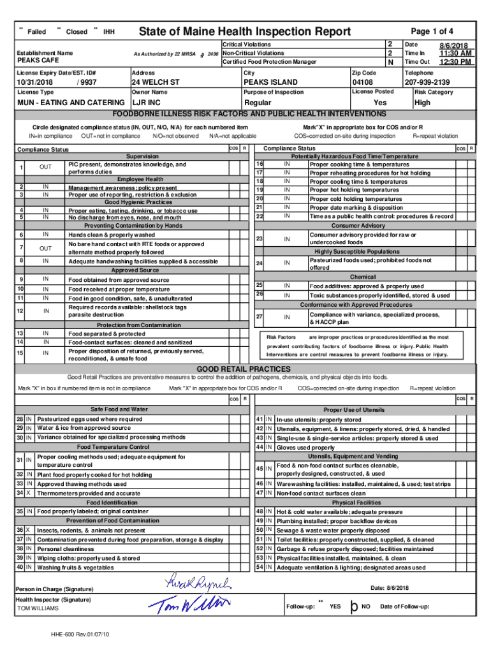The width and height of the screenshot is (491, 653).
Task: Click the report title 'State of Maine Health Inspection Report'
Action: coord(245,32)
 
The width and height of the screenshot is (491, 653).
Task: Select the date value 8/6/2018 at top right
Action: coord(453,45)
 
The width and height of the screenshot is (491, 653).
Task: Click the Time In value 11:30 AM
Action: coord(453,54)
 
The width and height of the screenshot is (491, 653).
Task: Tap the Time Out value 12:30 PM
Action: coord(453,62)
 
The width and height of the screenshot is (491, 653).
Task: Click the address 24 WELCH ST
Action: coord(156,83)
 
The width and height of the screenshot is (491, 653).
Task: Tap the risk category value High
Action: coord(423,103)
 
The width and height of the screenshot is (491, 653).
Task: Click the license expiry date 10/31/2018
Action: coord(35,83)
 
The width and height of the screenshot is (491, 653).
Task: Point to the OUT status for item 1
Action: coord(46,167)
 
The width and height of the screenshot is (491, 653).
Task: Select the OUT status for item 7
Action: coord(46,247)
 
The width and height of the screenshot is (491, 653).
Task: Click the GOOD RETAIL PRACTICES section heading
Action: coord(244,369)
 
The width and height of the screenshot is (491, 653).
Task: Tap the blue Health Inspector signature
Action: coord(188,604)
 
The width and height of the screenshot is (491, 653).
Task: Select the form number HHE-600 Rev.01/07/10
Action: coord(82,635)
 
